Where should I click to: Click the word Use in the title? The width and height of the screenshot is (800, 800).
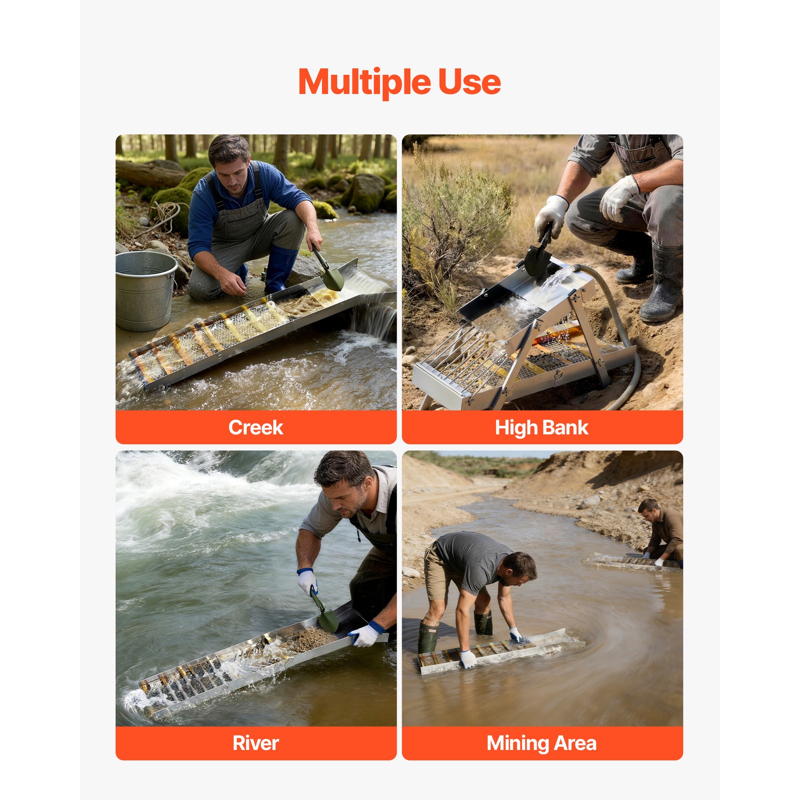(x=469, y=82)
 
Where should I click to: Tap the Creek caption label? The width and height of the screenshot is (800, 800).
(x=255, y=427)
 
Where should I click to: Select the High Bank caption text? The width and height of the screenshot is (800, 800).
(x=541, y=428)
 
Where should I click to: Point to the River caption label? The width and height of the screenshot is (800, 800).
(x=255, y=743)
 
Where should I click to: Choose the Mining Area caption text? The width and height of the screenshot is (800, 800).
(x=541, y=743)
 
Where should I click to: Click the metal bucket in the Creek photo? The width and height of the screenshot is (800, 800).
(x=145, y=290)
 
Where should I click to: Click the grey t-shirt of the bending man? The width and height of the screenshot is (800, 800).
(x=470, y=558)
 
